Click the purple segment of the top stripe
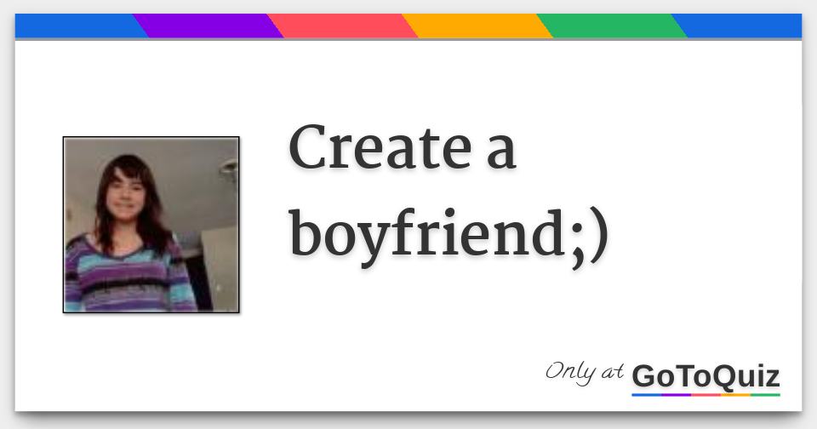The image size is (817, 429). point(208,26)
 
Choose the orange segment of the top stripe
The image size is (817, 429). point(477,26)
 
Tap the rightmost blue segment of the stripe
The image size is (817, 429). point(740,26)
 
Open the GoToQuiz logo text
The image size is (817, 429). point(706,376)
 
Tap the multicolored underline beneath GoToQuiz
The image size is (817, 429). point(706,394)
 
